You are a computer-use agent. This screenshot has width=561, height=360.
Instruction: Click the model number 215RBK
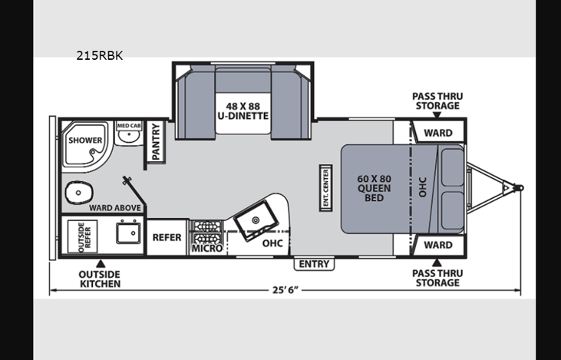click(x=100, y=56)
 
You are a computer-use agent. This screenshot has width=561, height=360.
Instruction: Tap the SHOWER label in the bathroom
click(x=85, y=140)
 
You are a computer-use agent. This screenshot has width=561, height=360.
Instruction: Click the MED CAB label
click(x=129, y=126)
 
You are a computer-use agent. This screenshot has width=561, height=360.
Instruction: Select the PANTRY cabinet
click(x=156, y=142)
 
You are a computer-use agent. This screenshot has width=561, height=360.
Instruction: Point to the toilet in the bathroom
click(x=79, y=193)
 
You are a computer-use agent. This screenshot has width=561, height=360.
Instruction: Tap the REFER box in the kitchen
click(x=167, y=237)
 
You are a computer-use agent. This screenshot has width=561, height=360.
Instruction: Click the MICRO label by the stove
click(x=207, y=248)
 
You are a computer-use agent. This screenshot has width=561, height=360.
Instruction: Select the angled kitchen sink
click(x=256, y=220)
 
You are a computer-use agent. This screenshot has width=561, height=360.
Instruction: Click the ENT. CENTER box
click(x=326, y=188)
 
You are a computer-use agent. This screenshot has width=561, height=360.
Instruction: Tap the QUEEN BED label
click(x=374, y=188)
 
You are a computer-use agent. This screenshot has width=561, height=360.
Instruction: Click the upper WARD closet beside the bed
click(x=438, y=132)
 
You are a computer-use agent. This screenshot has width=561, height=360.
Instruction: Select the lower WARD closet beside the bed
click(x=438, y=245)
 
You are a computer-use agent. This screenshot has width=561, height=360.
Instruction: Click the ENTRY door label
click(x=314, y=264)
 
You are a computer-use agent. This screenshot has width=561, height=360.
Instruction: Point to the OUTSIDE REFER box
click(x=83, y=236)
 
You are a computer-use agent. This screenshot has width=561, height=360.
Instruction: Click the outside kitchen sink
click(x=128, y=233)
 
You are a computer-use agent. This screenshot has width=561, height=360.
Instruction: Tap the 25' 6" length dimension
click(x=285, y=290)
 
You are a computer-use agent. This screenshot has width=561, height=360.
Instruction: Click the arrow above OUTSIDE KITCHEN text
click(x=101, y=264)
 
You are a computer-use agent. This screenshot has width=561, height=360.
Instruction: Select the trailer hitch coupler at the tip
click(x=519, y=188)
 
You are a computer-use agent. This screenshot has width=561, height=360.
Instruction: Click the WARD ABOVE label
click(x=115, y=208)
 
